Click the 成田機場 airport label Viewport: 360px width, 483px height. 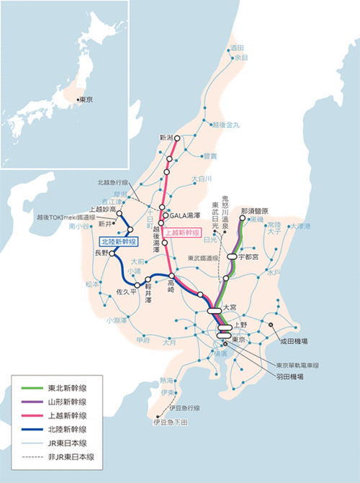click(x=294, y=341)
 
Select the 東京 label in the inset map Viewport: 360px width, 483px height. click(x=86, y=99)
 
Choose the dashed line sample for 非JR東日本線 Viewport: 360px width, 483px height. click(x=37, y=456)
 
